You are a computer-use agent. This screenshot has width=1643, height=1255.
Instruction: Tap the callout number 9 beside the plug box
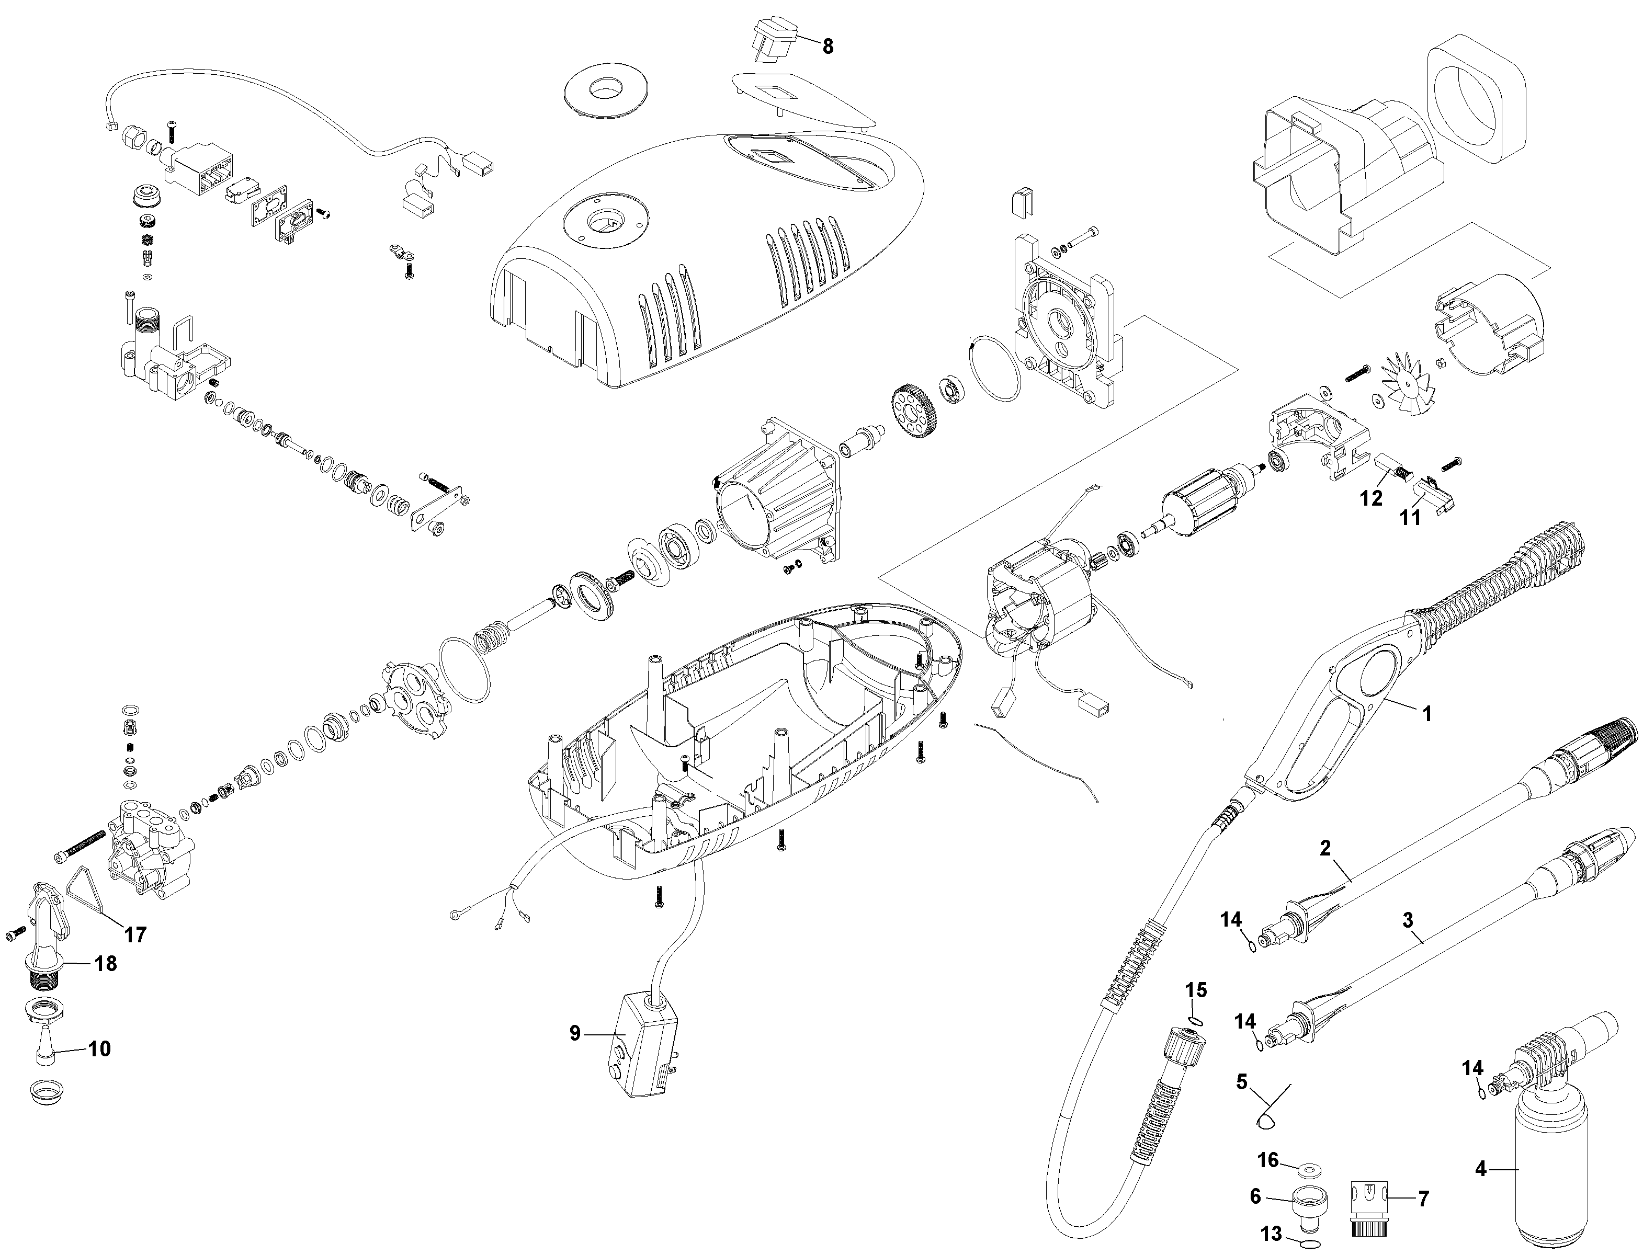point(574,1033)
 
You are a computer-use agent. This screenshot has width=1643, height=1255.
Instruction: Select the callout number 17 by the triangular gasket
point(135,934)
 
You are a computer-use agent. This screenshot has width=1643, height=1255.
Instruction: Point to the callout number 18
point(105,964)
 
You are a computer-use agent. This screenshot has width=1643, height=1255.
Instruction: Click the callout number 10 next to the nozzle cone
point(99,1049)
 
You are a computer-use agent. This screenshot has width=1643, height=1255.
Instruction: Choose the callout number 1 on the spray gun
point(1426,713)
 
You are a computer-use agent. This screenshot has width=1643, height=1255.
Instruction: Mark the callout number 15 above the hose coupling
point(1196,990)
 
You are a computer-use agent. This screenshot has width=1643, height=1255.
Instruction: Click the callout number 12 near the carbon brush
point(1371,497)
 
